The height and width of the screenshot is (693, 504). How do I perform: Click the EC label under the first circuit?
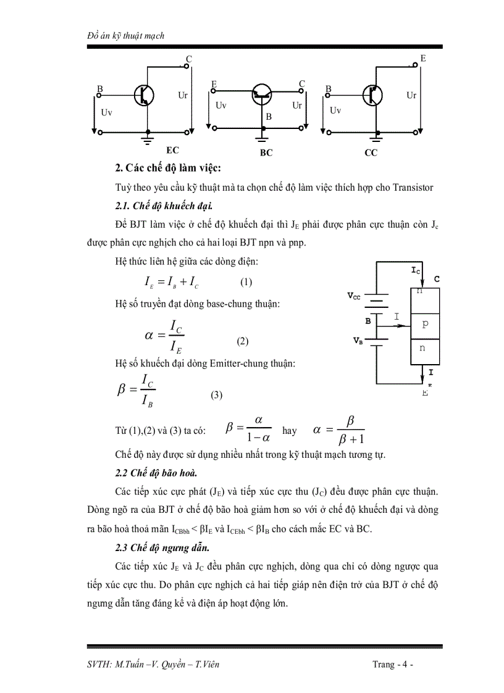pos(173,150)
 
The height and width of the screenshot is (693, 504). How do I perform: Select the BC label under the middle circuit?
pos(266,153)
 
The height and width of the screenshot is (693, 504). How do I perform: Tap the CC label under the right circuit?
pos(371,152)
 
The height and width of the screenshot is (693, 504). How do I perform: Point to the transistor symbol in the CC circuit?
pos(372,95)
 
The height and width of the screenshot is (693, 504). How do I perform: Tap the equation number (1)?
pos(246,282)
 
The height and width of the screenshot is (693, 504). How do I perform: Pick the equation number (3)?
pos(216,396)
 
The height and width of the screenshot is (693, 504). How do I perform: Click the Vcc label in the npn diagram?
pos(353,296)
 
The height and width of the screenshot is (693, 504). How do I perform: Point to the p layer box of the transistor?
pos(425,323)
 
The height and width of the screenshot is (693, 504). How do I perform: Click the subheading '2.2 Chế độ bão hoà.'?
pos(156,473)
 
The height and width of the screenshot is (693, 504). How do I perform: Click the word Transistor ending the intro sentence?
pos(411,188)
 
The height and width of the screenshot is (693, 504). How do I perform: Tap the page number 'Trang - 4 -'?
pos(393,665)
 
